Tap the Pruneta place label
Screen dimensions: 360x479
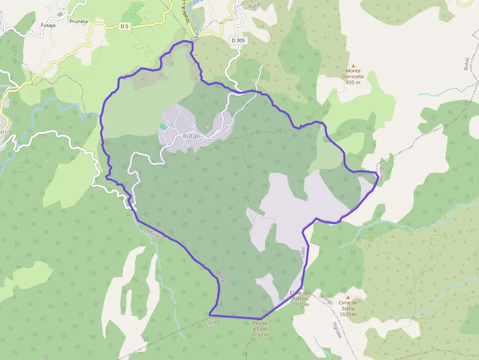[78, 21]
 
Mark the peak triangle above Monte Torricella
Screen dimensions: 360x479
[353, 65]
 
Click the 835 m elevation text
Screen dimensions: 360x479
[352, 83]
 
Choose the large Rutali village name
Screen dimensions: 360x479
[191, 136]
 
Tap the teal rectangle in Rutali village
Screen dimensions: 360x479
[163, 127]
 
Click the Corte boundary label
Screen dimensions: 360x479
[211, 323]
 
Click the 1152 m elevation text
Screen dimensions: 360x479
[260, 335]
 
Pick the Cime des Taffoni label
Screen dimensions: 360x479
[300, 296]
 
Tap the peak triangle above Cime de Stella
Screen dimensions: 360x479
[348, 297]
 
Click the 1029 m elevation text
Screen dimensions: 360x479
[348, 314]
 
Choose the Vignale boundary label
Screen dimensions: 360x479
[341, 332]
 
